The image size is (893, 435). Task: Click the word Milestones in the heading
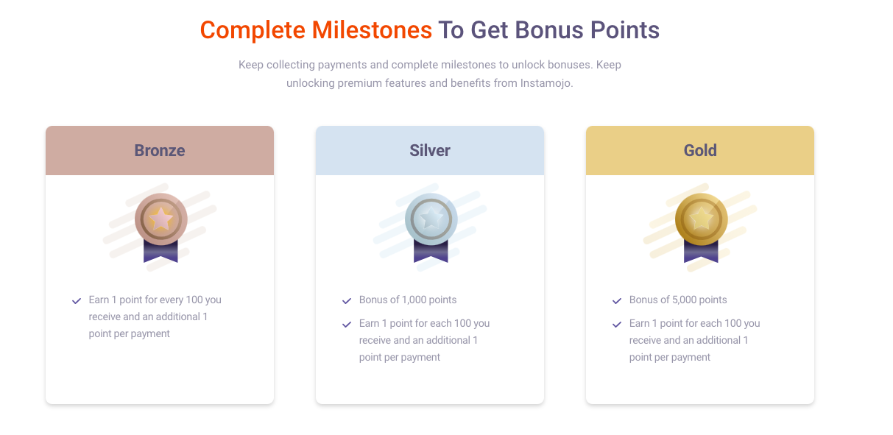point(372,30)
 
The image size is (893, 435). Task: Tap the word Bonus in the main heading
point(549,30)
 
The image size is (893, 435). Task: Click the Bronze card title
point(160,150)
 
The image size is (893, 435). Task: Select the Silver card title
point(430,150)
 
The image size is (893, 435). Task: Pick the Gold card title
point(700,150)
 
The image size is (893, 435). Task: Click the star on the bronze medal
point(160,219)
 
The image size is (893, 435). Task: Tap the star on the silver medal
point(431,219)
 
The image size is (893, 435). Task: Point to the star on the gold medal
point(702,219)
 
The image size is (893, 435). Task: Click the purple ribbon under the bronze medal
point(160,251)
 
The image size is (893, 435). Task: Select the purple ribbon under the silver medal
point(431,251)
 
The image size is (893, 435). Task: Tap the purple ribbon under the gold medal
point(702,251)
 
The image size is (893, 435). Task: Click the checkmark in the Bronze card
point(77,300)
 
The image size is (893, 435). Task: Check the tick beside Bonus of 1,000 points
point(347,300)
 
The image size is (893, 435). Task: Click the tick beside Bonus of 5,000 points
point(617,300)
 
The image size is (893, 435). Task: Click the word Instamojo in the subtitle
point(546,83)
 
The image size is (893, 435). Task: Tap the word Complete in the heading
point(253,30)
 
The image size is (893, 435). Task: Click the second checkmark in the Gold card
point(617,324)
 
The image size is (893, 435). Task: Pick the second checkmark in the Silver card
point(347,324)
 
